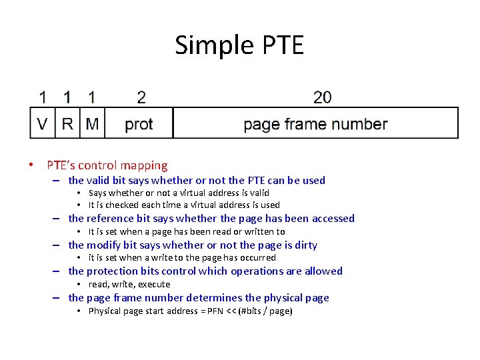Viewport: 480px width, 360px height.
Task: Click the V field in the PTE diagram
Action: (x=43, y=123)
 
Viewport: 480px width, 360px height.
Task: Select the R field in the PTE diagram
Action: (x=67, y=123)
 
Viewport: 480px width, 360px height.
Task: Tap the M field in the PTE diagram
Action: (x=92, y=123)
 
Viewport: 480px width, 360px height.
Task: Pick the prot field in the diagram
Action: (x=139, y=123)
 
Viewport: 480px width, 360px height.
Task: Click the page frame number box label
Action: (x=315, y=123)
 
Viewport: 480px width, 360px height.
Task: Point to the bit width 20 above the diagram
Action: (x=322, y=97)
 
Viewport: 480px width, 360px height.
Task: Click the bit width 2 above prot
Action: (x=141, y=97)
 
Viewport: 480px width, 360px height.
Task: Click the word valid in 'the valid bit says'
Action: (x=99, y=180)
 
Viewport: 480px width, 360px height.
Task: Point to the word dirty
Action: (x=306, y=245)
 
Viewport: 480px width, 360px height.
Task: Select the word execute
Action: (x=154, y=284)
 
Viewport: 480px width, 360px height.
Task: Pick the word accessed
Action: (x=332, y=218)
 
